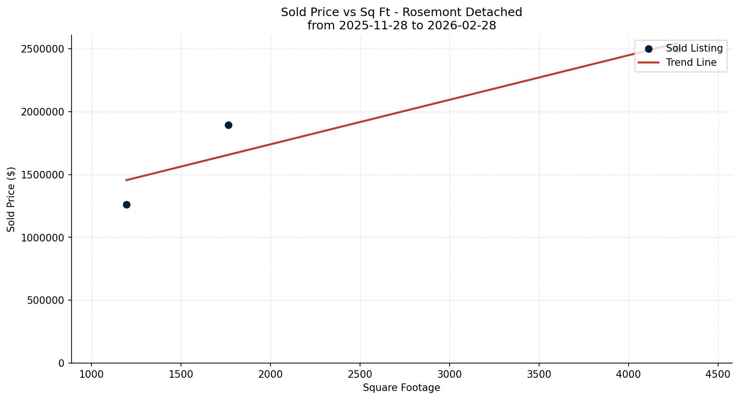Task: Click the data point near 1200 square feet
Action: click(126, 204)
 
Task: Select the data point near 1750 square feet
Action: click(228, 125)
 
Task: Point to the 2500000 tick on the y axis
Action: click(43, 49)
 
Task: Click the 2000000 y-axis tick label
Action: click(43, 112)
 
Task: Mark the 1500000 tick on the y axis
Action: click(43, 175)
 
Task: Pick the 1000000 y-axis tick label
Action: click(43, 238)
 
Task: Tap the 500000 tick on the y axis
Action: click(46, 300)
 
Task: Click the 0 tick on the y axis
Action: click(61, 363)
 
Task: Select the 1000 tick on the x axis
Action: click(91, 374)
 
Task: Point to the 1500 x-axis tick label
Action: click(181, 374)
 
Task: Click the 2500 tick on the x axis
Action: click(360, 374)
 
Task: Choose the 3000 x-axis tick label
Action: click(450, 374)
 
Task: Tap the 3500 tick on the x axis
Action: click(539, 374)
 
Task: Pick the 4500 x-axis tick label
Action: click(718, 374)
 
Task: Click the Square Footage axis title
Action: click(401, 388)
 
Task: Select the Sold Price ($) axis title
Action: click(11, 199)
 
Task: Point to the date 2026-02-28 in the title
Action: click(461, 26)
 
